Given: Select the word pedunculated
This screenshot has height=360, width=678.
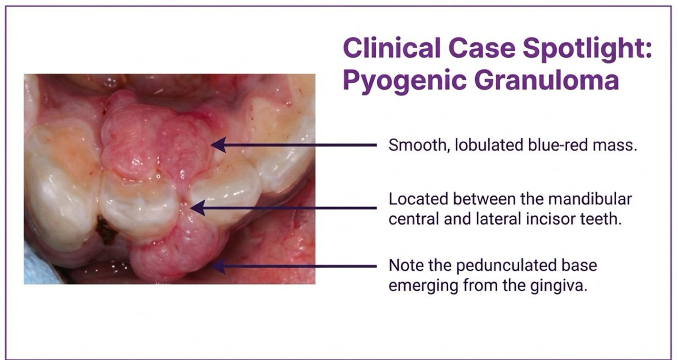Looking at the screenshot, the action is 506,266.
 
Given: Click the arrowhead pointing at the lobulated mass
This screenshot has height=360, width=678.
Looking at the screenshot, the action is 218,145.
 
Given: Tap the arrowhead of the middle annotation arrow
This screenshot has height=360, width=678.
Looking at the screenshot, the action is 198,208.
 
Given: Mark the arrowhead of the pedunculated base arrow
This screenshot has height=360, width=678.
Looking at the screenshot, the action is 218,266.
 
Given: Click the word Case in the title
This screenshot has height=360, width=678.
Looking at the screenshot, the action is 482,48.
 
